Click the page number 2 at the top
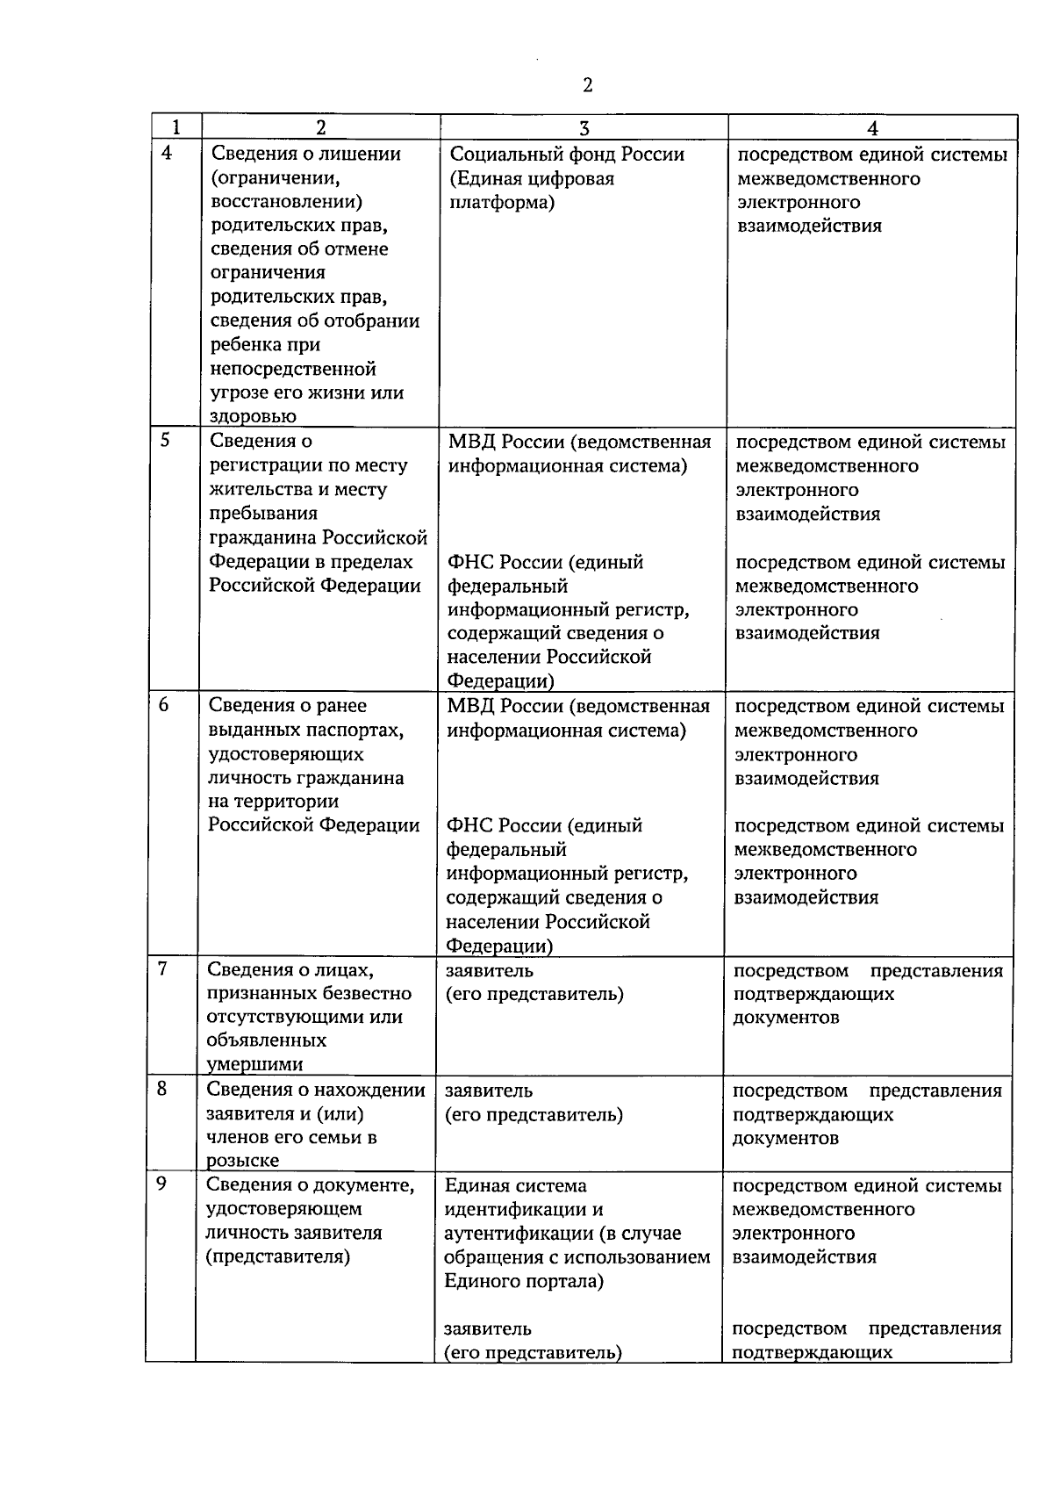[x=587, y=85]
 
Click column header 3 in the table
[x=584, y=127]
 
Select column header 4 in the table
[x=872, y=127]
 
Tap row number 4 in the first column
[x=168, y=153]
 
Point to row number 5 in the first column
[x=166, y=440]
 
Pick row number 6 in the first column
[x=165, y=704]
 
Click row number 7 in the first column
[x=163, y=968]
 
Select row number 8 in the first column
[x=162, y=1089]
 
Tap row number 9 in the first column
[x=161, y=1184]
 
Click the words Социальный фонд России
[x=567, y=155]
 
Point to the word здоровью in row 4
[x=254, y=416]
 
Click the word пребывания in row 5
[x=263, y=513]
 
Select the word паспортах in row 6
[x=357, y=730]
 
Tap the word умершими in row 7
[x=255, y=1064]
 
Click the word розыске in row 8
[x=243, y=1161]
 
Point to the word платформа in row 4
[x=500, y=203]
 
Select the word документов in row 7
[x=785, y=1018]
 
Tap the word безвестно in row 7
[x=370, y=993]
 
